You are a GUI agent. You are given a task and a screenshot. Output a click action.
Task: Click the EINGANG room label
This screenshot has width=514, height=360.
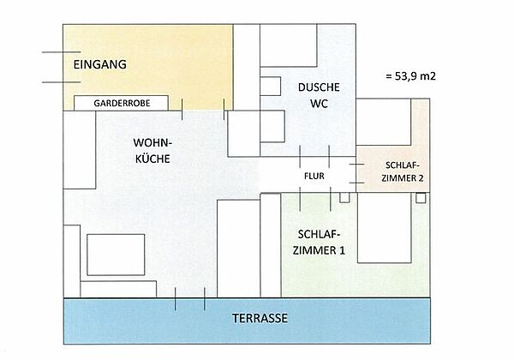[99, 64]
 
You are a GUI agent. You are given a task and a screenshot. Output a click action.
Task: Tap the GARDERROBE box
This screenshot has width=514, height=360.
[121, 103]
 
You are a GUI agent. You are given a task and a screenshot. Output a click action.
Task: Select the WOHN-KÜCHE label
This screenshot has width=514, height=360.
[152, 151]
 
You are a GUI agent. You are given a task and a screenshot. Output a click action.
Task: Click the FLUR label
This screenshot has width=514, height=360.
[314, 176]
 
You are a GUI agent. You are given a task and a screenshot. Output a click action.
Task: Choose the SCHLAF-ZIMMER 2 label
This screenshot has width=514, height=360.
[403, 171]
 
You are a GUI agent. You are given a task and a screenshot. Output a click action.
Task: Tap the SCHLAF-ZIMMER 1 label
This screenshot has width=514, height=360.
[319, 243]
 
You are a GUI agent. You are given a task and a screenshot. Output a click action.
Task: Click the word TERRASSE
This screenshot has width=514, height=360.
[260, 318]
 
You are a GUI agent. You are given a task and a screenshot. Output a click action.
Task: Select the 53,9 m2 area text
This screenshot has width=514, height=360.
[410, 76]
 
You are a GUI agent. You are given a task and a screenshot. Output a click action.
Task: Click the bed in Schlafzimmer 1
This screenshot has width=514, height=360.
[384, 227]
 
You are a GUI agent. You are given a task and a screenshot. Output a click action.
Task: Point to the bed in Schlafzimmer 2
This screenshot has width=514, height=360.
[384, 122]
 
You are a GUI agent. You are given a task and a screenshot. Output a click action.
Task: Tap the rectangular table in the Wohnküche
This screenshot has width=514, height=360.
[116, 255]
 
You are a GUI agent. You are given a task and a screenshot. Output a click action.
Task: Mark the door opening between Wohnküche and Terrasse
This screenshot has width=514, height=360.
[190, 298]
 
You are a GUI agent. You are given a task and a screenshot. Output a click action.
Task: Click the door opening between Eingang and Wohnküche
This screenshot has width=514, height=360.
[203, 111]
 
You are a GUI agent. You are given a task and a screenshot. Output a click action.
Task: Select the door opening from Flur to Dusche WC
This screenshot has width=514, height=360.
[314, 156]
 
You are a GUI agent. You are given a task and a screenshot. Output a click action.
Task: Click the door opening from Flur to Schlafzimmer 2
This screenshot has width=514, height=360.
[356, 173]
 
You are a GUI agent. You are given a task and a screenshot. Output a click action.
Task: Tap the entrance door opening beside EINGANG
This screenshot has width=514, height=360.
[63, 67]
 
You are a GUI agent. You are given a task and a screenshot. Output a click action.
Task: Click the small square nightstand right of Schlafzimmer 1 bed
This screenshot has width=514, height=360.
[421, 198]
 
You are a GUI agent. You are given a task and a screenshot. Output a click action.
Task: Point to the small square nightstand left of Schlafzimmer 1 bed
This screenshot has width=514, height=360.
[344, 197]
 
